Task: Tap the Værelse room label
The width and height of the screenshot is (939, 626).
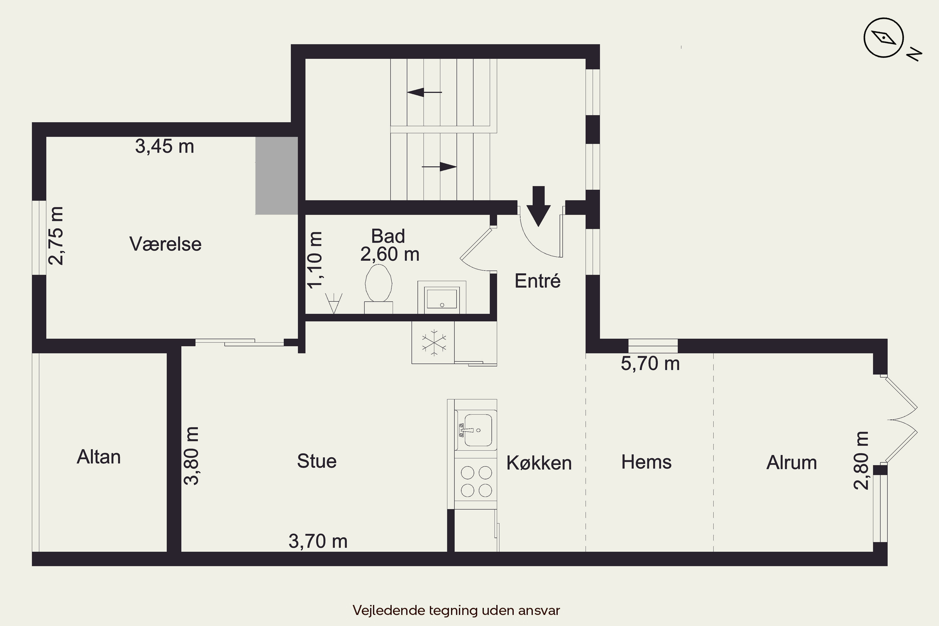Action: (x=165, y=244)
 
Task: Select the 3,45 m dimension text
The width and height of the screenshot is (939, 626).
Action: (x=165, y=146)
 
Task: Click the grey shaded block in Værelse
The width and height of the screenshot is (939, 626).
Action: (x=277, y=176)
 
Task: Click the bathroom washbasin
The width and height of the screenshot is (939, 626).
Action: (x=442, y=297)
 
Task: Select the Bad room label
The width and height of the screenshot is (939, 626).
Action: (x=388, y=236)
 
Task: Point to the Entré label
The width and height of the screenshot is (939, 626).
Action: (x=537, y=281)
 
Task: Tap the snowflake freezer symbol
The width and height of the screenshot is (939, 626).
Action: (x=434, y=342)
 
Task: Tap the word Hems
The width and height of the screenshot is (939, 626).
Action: (x=646, y=462)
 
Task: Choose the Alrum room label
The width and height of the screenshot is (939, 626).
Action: (x=791, y=463)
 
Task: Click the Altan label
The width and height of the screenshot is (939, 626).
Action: (x=99, y=457)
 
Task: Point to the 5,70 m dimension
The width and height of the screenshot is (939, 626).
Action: (x=650, y=364)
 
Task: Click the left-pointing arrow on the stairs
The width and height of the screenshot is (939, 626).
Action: (x=424, y=93)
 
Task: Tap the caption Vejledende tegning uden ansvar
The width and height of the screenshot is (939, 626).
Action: (x=456, y=610)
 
